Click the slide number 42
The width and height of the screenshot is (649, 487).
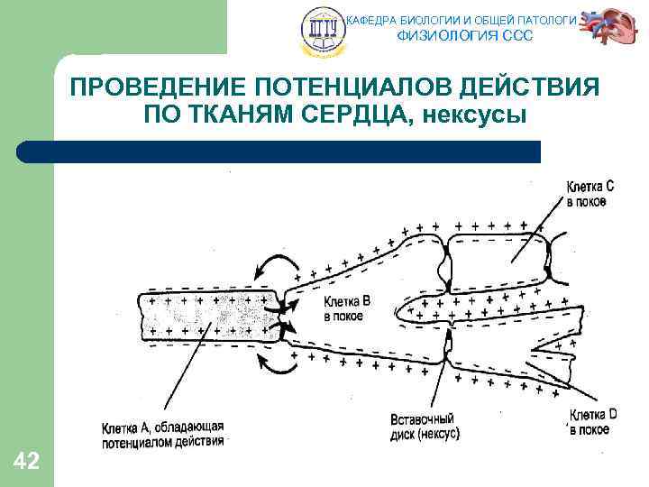pos(26,462)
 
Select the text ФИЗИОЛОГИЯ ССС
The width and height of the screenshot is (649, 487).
pos(465,36)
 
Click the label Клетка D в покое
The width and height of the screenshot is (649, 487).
pos(592,422)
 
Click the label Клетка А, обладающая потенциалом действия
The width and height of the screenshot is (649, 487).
pos(162,433)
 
